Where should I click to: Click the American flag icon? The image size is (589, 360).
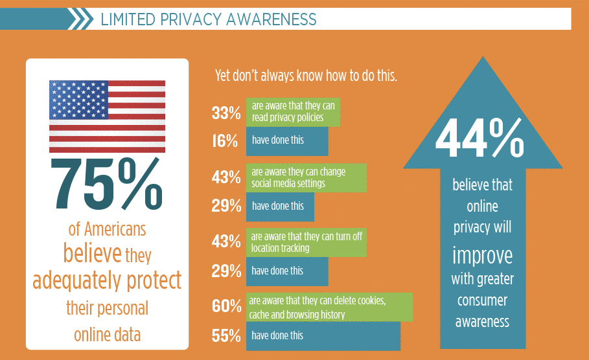107,117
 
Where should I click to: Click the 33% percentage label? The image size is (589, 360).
225,113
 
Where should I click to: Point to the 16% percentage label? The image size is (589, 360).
225,141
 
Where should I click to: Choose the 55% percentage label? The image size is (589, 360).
225,335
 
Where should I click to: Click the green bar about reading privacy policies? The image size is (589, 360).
293,113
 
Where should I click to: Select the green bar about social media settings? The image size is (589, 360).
306,178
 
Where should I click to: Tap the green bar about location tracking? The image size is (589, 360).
306,242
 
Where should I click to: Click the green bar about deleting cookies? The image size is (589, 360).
329,307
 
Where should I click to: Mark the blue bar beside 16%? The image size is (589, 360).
287,141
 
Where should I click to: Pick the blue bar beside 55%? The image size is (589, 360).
323,336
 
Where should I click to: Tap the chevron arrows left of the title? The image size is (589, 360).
80,19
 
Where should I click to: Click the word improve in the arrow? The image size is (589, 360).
482,254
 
